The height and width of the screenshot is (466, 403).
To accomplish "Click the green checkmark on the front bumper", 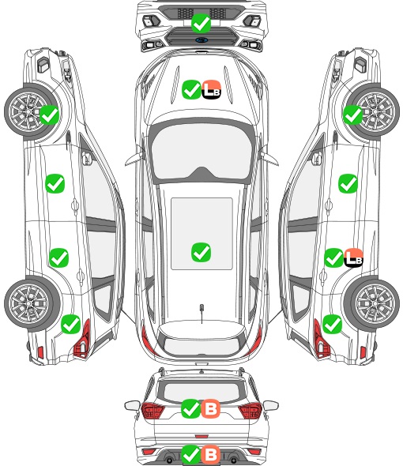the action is [x=201, y=23].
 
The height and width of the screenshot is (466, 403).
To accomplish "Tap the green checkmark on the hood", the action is [x=191, y=89].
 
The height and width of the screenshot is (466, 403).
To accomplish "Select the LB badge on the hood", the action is [x=212, y=89].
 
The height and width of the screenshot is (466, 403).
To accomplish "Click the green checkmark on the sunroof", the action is [x=201, y=252].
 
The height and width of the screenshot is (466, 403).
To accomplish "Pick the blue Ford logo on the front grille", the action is [x=201, y=40].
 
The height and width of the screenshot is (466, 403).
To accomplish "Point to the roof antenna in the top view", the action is [x=201, y=313].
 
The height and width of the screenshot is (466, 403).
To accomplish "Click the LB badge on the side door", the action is [x=354, y=257].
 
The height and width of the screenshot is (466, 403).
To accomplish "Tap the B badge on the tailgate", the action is [x=211, y=408].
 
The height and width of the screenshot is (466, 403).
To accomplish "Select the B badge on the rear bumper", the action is [x=211, y=454].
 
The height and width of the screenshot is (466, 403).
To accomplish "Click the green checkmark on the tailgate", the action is [x=191, y=408].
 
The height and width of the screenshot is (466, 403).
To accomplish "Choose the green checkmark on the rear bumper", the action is [x=191, y=454].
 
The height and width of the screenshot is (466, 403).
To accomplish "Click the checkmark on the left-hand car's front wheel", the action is [x=49, y=115].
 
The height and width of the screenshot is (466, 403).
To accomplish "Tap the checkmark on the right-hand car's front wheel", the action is [x=353, y=115].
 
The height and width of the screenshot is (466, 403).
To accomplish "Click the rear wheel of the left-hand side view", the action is [x=29, y=303].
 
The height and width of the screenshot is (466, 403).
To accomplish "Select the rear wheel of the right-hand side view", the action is [x=374, y=303].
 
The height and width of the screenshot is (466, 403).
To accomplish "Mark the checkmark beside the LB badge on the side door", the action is [x=333, y=257].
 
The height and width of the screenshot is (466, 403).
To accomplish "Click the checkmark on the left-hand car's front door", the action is [x=55, y=184].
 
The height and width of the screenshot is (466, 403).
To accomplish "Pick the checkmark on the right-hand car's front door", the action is [x=348, y=184].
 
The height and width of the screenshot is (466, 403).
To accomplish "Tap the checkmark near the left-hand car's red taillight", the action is [x=71, y=324].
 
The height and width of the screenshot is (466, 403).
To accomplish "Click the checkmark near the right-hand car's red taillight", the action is [x=332, y=324].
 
